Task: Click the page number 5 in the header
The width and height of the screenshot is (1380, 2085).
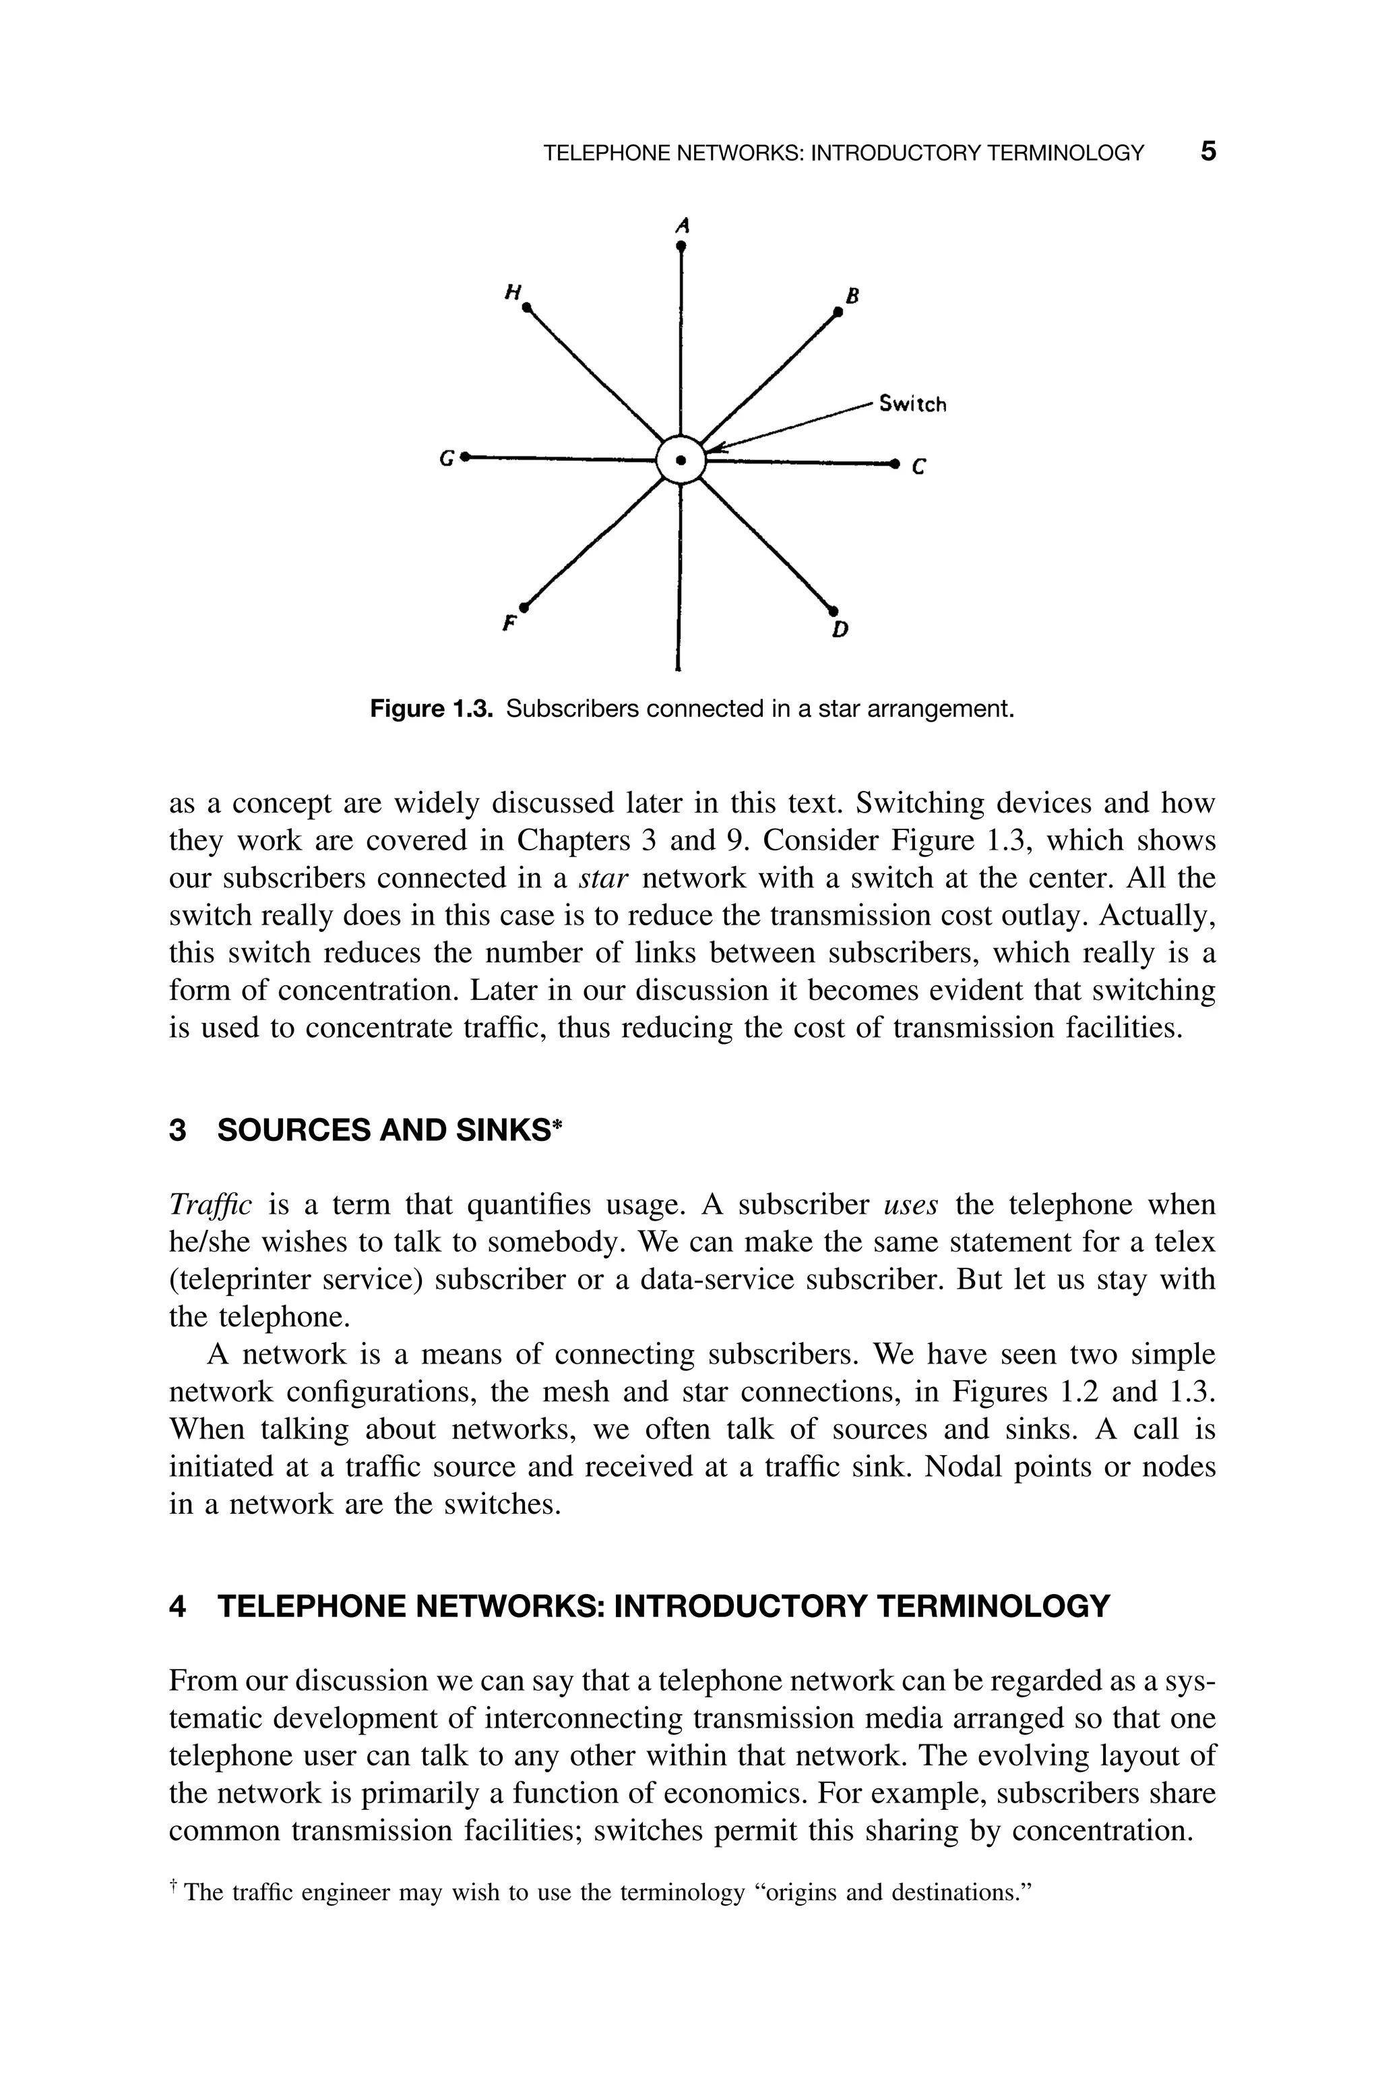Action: click(1208, 152)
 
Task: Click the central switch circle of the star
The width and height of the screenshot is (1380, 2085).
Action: click(681, 460)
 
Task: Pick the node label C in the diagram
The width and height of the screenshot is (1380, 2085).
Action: click(919, 469)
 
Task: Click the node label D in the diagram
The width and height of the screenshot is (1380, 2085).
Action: click(840, 630)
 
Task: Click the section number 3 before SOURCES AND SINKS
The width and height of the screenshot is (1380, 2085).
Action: click(178, 1129)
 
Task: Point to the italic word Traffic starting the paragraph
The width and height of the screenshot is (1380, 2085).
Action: click(210, 1204)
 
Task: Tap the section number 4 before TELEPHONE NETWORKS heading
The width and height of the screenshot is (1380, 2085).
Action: click(178, 1606)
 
